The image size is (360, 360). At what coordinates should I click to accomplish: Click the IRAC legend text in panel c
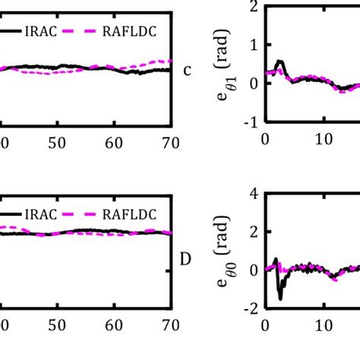tap(49, 31)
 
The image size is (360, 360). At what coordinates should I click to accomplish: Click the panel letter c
tap(188, 71)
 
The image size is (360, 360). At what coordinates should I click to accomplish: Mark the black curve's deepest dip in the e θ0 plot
tap(279, 298)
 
